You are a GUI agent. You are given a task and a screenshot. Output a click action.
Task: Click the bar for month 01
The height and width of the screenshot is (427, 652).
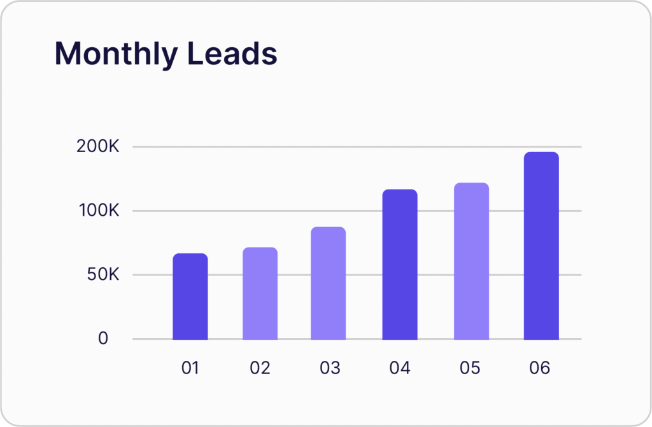point(190,297)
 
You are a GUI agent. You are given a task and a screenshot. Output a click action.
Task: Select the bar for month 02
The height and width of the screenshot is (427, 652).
point(260,293)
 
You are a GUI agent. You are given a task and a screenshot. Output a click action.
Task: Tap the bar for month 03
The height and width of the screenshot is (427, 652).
point(328,283)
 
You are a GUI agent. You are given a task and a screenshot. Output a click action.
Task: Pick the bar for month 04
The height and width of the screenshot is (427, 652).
point(400,265)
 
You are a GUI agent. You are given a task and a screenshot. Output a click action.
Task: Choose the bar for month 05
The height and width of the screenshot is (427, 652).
point(471,261)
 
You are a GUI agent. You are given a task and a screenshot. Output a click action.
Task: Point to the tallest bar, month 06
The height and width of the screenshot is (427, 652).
point(541,246)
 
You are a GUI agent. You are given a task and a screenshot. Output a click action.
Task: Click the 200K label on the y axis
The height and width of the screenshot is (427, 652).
point(97,146)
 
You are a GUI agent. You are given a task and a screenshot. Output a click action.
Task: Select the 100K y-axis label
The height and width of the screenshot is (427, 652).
point(99,211)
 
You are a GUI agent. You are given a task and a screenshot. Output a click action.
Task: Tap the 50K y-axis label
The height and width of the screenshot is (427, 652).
point(103,274)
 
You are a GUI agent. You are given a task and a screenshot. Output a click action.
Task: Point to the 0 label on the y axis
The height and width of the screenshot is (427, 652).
point(103,339)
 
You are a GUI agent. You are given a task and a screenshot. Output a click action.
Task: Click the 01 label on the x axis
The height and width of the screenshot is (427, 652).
point(190,368)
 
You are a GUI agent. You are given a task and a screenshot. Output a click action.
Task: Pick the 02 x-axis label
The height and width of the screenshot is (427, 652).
point(260,368)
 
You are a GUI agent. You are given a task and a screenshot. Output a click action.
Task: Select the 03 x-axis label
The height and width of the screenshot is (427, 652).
point(330,368)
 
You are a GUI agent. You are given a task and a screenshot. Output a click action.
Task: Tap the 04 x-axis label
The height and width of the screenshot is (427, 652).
point(400,368)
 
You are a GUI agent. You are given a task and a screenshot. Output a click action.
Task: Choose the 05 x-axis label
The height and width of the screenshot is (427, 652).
point(470,368)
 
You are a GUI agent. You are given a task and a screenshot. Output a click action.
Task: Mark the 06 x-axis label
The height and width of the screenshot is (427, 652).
point(540,368)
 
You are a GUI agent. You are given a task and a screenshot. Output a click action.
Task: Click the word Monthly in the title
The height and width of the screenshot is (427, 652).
point(117,54)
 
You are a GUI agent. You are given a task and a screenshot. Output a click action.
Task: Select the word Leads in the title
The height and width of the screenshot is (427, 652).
point(232,53)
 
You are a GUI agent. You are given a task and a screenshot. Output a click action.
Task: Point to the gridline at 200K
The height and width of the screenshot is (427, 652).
point(357,147)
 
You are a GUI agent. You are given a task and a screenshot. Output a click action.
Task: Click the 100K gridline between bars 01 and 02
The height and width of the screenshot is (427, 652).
point(225,211)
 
